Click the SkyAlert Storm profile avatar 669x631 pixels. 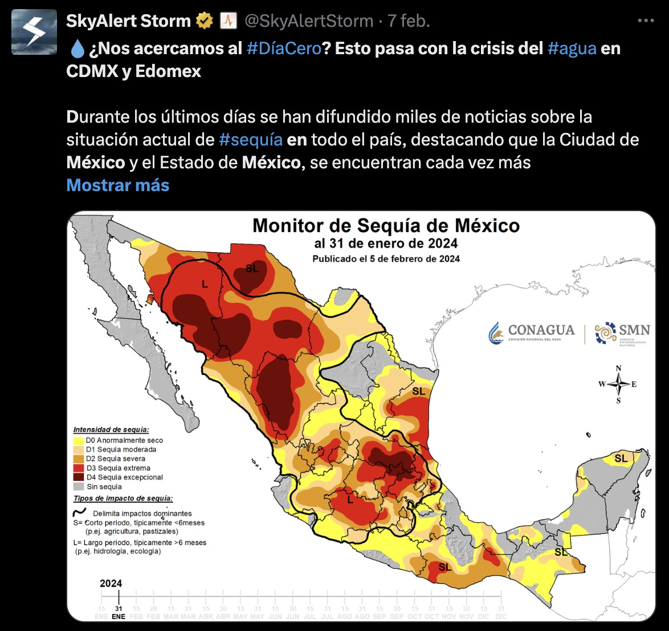(x=34, y=32)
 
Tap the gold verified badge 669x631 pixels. (x=203, y=21)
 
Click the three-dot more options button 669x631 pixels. (x=646, y=21)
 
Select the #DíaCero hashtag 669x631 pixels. (x=284, y=48)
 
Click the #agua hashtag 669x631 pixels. (x=572, y=48)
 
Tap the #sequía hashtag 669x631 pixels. (x=251, y=140)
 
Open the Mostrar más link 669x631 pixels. (x=118, y=185)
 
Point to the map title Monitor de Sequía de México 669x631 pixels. (x=386, y=225)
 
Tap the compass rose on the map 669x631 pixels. (x=618, y=385)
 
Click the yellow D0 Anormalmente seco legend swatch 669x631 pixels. (x=78, y=440)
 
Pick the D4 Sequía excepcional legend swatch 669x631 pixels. (x=78, y=478)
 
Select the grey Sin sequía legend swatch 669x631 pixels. (x=78, y=487)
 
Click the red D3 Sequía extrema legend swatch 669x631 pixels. (x=78, y=468)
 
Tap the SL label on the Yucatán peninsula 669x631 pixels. (x=621, y=458)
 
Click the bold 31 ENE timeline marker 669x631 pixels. (x=119, y=612)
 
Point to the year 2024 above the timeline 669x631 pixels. (x=111, y=583)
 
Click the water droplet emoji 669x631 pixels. (x=76, y=49)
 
